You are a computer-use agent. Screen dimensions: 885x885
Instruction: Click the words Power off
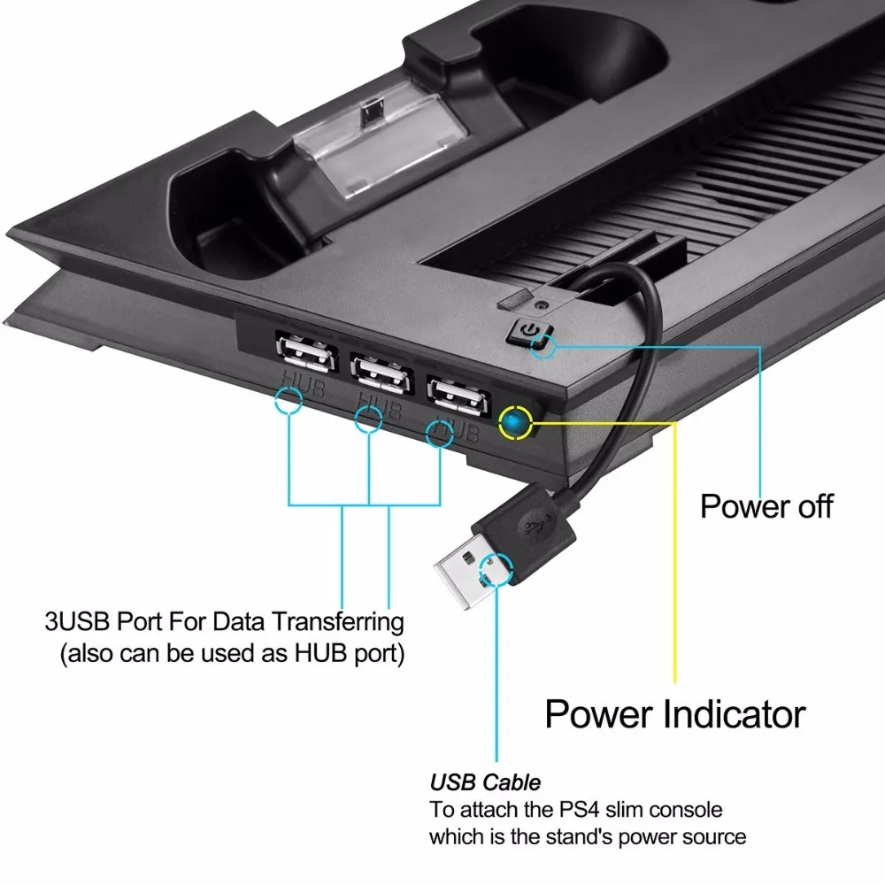pyautogui.click(x=766, y=506)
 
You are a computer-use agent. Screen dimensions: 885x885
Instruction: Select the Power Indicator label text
pyautogui.click(x=674, y=713)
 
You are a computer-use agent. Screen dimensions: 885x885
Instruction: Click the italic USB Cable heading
pyautogui.click(x=485, y=782)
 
